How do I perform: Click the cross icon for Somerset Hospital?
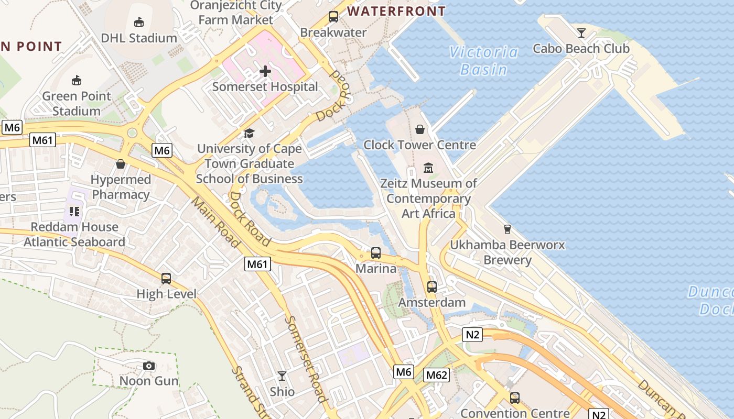[x=265, y=71]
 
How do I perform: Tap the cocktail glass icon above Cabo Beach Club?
[x=581, y=33]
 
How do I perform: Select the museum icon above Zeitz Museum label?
[x=428, y=168]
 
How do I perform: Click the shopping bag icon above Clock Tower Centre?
[x=419, y=129]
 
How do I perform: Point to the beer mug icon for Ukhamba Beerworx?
[x=507, y=229]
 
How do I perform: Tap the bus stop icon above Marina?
[x=376, y=253]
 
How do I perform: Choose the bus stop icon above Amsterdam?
[x=431, y=286]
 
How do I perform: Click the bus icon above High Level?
[x=166, y=278]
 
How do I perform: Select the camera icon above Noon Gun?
[x=149, y=366]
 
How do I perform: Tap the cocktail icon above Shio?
[x=282, y=376]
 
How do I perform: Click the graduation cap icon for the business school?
[x=249, y=134]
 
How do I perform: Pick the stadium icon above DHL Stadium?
[x=139, y=22]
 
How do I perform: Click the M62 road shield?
[x=436, y=375]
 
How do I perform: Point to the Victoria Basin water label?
[x=484, y=60]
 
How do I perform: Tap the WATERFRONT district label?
[x=396, y=11]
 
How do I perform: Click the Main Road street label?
[x=215, y=222]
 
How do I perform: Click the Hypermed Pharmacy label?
[x=121, y=187]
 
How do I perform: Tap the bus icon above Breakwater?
[x=333, y=16]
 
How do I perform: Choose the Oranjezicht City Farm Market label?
[x=236, y=13]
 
